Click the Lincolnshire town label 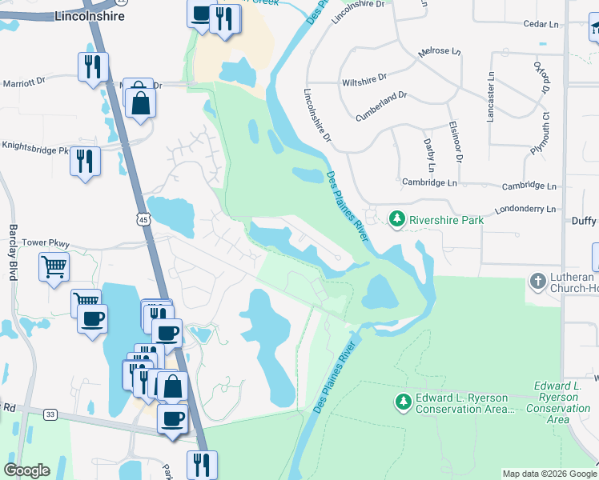tap(90, 16)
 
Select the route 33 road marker tap(50, 414)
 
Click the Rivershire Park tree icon tap(396, 218)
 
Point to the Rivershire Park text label tap(446, 219)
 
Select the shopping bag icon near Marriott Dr tap(140, 102)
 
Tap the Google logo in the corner tap(26, 470)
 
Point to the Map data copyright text tap(549, 474)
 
